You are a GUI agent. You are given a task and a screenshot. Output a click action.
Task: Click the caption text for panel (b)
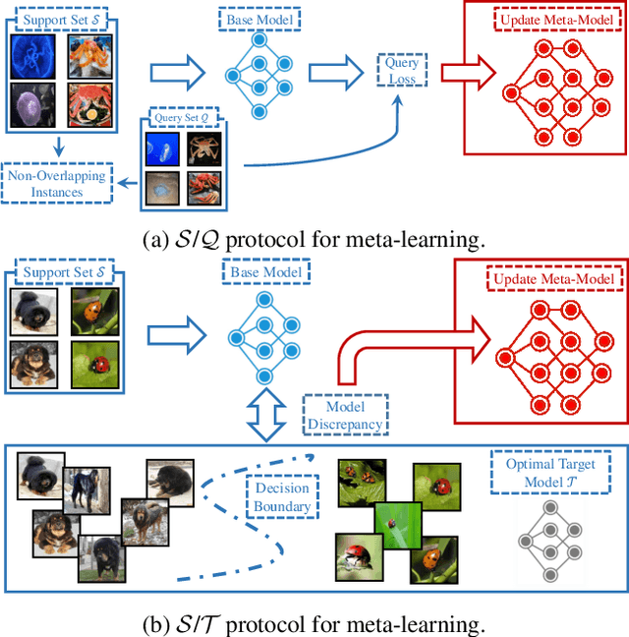[x=314, y=622]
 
